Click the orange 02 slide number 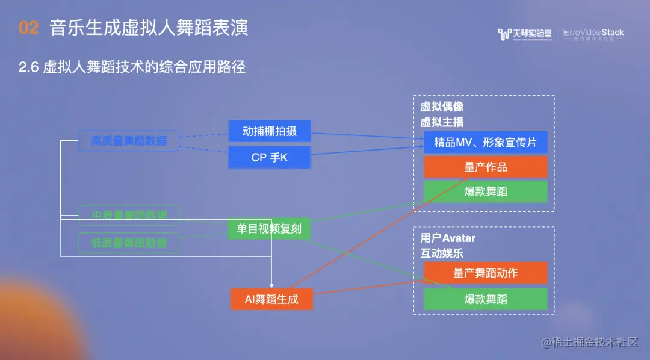(x=29, y=28)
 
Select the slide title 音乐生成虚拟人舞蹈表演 (x=149, y=28)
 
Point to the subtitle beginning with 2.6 (x=132, y=67)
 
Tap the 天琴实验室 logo (x=525, y=34)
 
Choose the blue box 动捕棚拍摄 (x=269, y=131)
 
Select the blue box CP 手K (x=269, y=158)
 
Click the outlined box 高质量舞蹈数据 (x=129, y=141)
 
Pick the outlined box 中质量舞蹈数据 (x=129, y=215)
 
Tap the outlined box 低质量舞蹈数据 (x=129, y=243)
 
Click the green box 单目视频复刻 (x=269, y=229)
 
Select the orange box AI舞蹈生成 (x=271, y=299)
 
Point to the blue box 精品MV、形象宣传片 (x=485, y=143)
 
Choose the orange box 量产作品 (x=485, y=167)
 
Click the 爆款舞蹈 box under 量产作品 (x=485, y=191)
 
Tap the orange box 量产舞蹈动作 (x=485, y=273)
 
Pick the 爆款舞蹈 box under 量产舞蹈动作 (x=485, y=299)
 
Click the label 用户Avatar (x=448, y=238)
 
